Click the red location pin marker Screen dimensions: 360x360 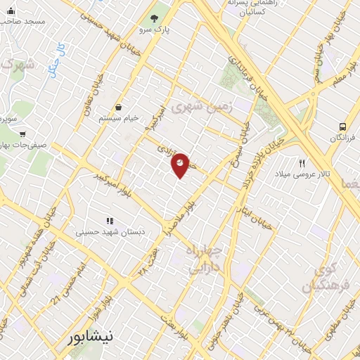pos(181,165)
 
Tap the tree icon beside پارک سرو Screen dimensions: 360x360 pos(154,18)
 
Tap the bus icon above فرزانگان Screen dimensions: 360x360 pos(342,127)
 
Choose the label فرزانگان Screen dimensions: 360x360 pos(344,138)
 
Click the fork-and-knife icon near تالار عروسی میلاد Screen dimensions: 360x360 pos(302,162)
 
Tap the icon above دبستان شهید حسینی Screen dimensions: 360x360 pos(109,220)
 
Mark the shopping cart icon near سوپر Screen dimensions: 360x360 pos(23,133)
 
